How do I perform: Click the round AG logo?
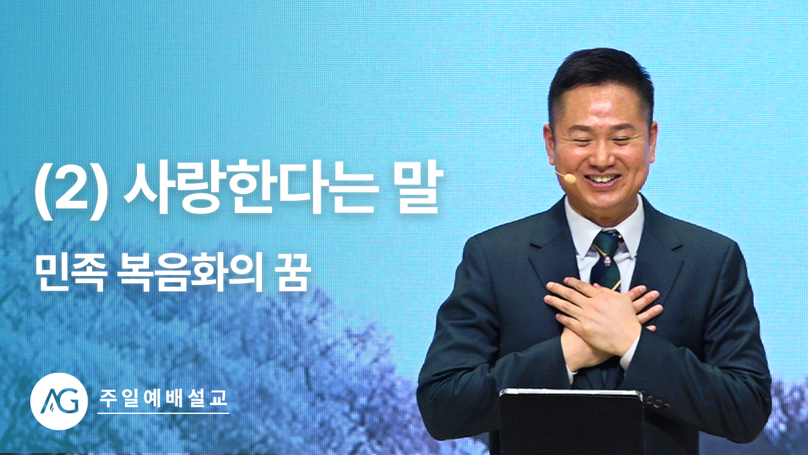click(59, 401)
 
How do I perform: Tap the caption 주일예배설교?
click(163, 398)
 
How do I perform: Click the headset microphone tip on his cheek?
click(570, 178)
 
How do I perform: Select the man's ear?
click(552, 145)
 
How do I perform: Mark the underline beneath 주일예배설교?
click(163, 413)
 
